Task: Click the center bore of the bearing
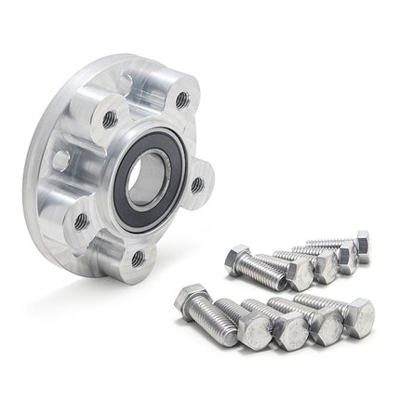tap(148, 176)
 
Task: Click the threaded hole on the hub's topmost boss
tap(182, 98)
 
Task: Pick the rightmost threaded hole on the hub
tap(197, 185)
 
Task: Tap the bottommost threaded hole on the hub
tap(138, 258)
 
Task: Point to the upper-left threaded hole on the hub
tap(109, 117)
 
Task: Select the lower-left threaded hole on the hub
tap(82, 220)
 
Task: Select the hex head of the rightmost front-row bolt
tap(359, 317)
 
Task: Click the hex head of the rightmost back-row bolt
tap(362, 246)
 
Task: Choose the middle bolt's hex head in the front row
tap(291, 330)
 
